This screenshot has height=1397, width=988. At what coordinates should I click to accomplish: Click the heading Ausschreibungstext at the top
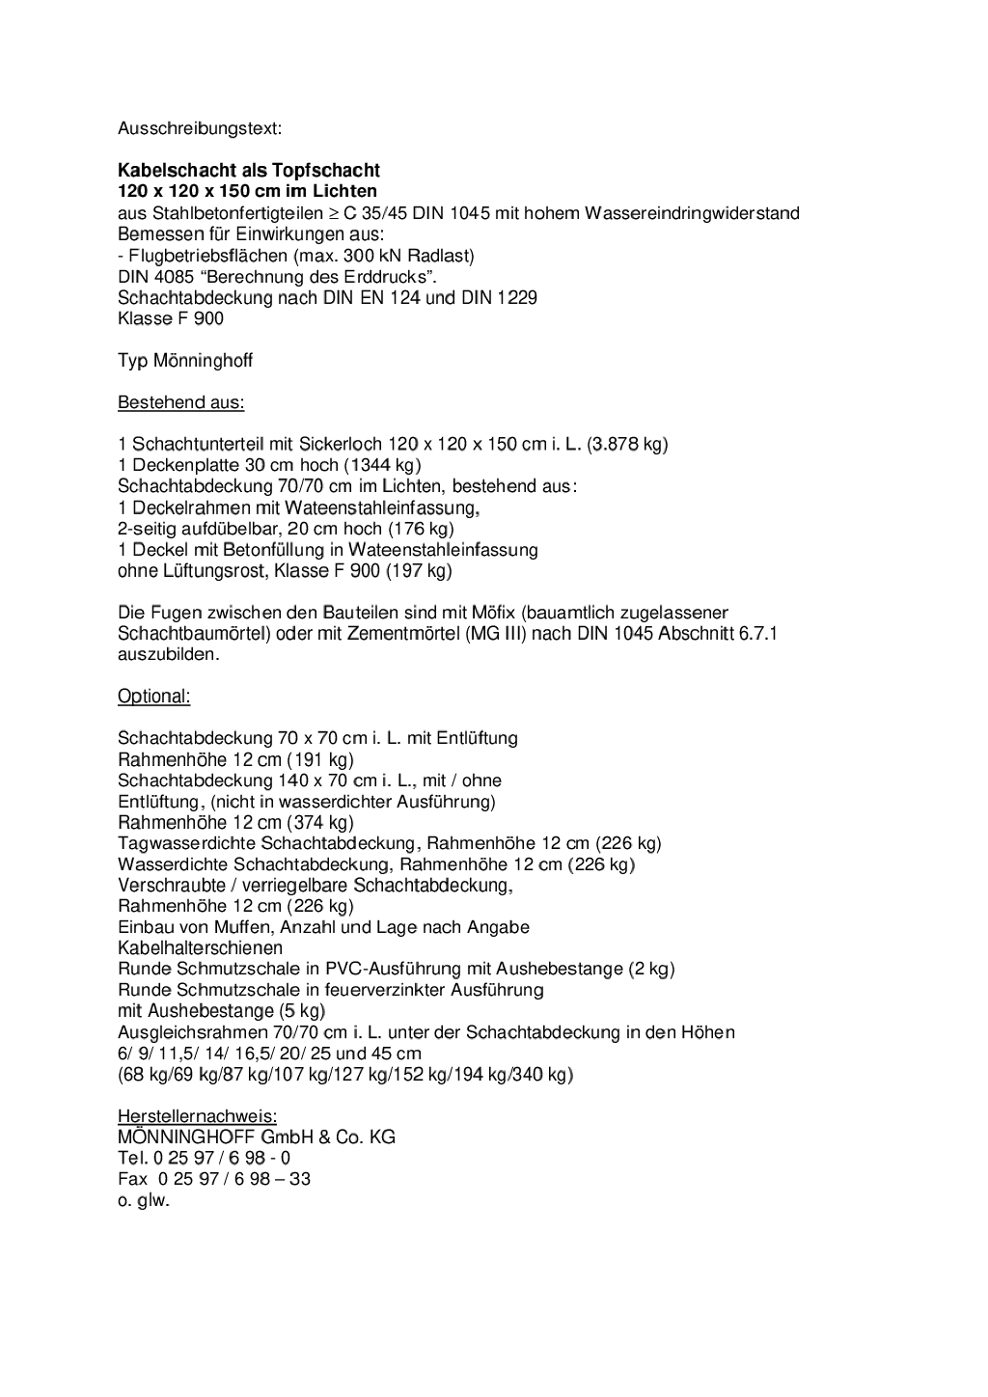point(200,128)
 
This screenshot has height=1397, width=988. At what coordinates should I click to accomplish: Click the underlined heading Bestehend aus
point(181,402)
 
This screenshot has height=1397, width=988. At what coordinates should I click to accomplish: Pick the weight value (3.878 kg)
point(627,444)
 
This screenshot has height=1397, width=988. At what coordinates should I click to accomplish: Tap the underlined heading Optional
point(154,697)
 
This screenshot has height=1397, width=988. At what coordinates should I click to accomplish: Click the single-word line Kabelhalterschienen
point(201,948)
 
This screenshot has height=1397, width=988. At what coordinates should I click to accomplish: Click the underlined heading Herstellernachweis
point(197,1116)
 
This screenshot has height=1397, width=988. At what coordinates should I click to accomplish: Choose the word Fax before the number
point(132,1179)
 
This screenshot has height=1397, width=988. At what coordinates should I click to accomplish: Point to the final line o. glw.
point(144,1201)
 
